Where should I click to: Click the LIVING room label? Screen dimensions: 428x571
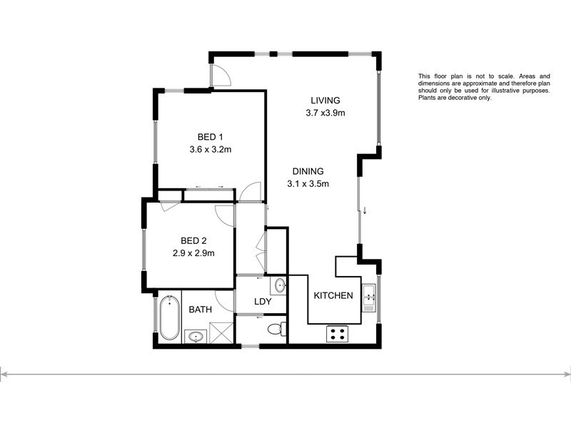coord(325,100)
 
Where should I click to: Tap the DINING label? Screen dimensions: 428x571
coord(308,171)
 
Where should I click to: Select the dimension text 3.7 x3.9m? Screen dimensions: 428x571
coord(325,113)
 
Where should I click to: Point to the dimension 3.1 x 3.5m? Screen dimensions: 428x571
coord(308,183)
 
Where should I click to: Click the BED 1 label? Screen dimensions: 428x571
coord(211,137)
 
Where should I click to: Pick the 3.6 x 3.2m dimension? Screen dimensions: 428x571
coord(211,150)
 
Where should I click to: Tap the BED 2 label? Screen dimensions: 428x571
coord(193,240)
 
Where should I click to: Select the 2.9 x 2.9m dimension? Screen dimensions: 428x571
coord(193,253)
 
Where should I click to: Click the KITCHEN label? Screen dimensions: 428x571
coord(333,295)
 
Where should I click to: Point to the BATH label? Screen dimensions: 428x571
coord(200,310)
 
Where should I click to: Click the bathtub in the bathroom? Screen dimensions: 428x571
coord(169,318)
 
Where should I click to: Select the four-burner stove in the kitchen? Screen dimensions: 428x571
coord(336,333)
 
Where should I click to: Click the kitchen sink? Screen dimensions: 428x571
coord(369,298)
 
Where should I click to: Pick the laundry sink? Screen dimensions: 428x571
coord(281,287)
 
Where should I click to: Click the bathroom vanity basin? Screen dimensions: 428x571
coord(195,336)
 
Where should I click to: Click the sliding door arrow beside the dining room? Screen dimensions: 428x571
coord(365,210)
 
